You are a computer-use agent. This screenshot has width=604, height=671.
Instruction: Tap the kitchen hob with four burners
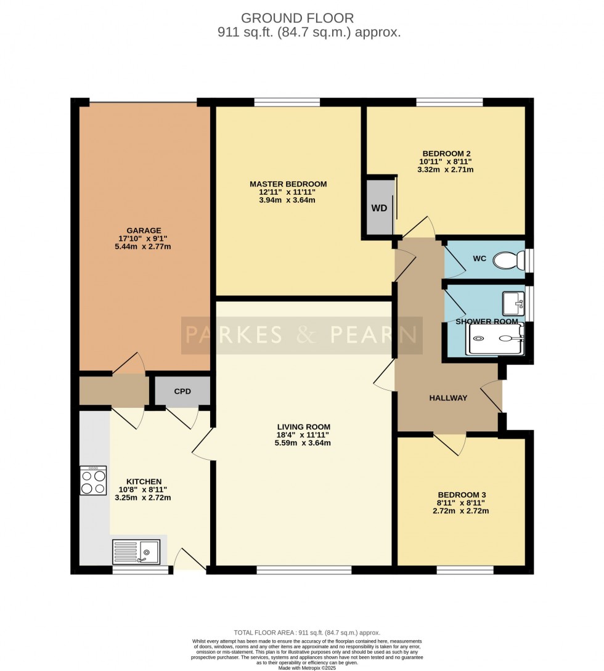(92, 480)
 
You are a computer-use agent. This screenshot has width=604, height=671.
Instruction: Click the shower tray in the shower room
(496, 338)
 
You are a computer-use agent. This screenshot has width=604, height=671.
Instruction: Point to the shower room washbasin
(513, 303)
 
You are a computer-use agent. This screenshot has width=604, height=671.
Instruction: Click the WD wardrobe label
(379, 208)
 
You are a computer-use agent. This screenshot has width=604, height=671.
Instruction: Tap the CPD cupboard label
(182, 391)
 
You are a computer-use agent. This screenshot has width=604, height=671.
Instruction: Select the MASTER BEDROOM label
(288, 184)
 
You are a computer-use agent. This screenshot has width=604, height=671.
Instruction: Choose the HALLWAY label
(448, 398)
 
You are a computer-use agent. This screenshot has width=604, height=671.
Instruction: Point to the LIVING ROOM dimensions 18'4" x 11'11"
(303, 434)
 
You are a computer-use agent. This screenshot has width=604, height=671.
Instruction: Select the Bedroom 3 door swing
(449, 444)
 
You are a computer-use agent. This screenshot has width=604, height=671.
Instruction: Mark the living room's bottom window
(304, 570)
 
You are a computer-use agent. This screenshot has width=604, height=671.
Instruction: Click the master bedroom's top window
(287, 102)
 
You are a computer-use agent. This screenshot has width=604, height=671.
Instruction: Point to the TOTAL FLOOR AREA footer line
(306, 633)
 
